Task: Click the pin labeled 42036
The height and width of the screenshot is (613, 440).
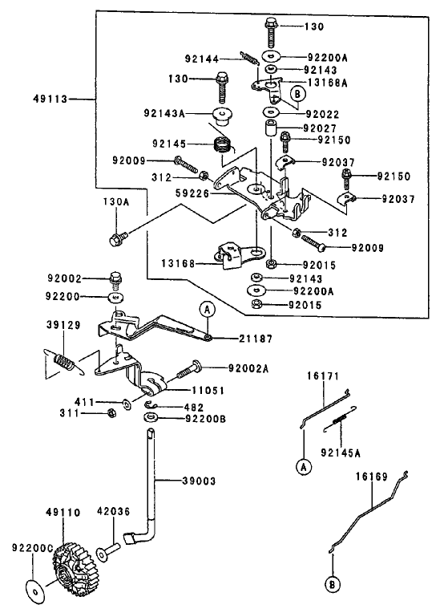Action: (110, 551)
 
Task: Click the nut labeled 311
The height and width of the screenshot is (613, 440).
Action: (111, 413)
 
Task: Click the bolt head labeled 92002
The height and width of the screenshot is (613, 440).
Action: (115, 281)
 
